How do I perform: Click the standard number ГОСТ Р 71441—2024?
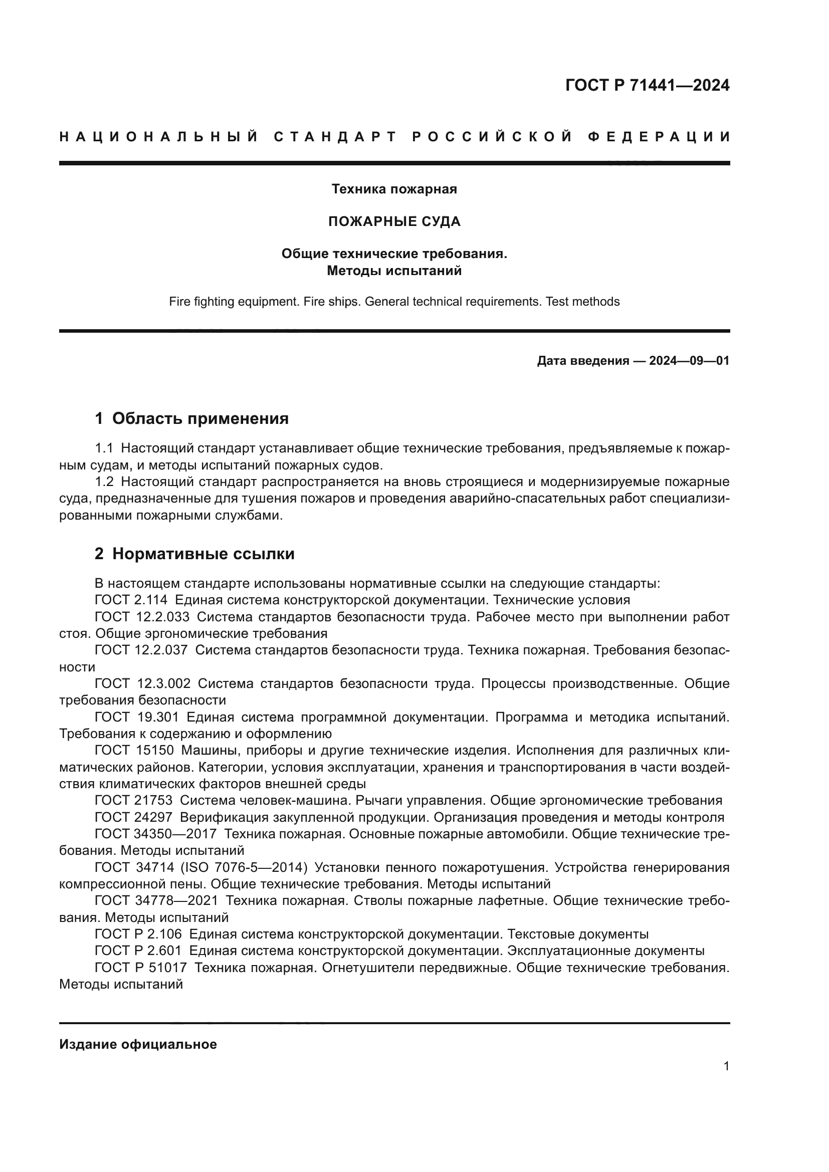(647, 85)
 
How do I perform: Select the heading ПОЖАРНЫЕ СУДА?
(394, 221)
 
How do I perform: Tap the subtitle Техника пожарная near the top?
(394, 189)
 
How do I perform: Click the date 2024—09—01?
(689, 361)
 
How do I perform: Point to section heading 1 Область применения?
(191, 418)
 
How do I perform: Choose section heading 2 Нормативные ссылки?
(194, 554)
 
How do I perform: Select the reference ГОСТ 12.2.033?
(141, 617)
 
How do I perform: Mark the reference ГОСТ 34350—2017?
(155, 834)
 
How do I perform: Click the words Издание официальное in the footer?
(138, 1044)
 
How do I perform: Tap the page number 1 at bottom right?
(726, 1066)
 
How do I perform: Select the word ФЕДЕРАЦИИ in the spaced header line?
(659, 137)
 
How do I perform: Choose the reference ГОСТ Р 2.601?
(138, 951)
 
